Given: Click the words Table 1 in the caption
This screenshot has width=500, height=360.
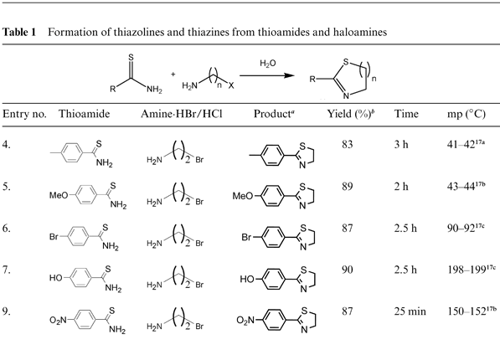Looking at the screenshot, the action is [19, 32].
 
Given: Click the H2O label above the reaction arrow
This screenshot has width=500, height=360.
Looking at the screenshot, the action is [267, 64].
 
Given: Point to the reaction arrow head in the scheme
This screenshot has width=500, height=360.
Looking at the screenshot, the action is [289, 75].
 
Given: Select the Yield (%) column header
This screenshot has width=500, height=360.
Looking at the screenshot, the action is [350, 114].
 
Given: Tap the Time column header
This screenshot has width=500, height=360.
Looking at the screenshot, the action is [406, 114].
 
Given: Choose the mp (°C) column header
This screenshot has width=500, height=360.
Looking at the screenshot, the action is [466, 114].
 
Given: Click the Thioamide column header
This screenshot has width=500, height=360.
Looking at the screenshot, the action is [85, 114].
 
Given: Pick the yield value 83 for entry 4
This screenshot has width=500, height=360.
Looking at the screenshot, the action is [348, 145].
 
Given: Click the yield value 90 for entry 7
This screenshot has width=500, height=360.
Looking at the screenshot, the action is [348, 270].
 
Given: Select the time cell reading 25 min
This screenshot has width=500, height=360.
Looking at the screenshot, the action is [410, 311].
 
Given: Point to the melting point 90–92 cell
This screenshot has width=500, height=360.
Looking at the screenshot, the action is [466, 228].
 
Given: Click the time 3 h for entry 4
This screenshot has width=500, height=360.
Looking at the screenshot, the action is [401, 145].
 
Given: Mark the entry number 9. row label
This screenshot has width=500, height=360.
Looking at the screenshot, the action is [7, 311].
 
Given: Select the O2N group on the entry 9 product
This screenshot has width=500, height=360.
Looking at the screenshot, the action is [245, 320].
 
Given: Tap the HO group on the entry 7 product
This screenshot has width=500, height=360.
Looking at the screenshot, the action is [247, 279].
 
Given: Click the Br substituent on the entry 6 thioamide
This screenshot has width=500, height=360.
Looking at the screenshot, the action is [54, 237].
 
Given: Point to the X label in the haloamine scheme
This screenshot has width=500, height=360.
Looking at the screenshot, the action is [231, 85].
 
